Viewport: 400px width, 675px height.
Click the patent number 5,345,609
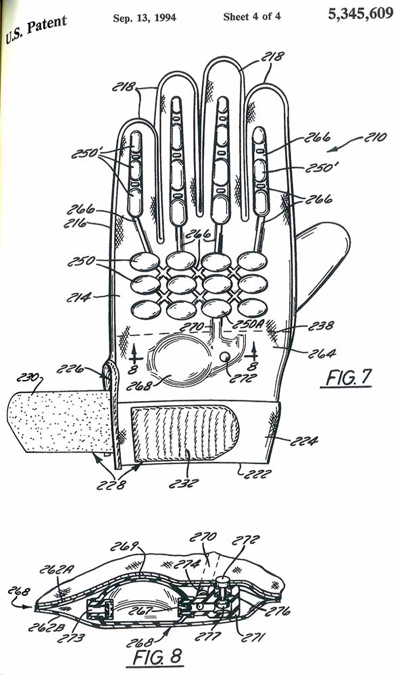coord(360,13)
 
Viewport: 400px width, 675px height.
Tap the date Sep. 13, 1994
coord(145,18)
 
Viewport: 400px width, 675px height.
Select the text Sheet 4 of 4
coord(252,17)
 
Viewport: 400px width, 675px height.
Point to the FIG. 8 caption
coord(157,657)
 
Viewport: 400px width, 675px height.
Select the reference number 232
coord(184,483)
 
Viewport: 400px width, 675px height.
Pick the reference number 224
coord(304,441)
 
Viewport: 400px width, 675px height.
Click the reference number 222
coord(257,474)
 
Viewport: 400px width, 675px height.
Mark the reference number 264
coord(322,354)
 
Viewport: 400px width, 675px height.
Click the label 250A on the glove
coord(248,325)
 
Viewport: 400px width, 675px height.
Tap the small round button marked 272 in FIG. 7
coord(225,357)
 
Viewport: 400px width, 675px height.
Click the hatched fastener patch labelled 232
coord(184,434)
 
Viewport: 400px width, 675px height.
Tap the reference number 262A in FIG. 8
coord(54,570)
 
